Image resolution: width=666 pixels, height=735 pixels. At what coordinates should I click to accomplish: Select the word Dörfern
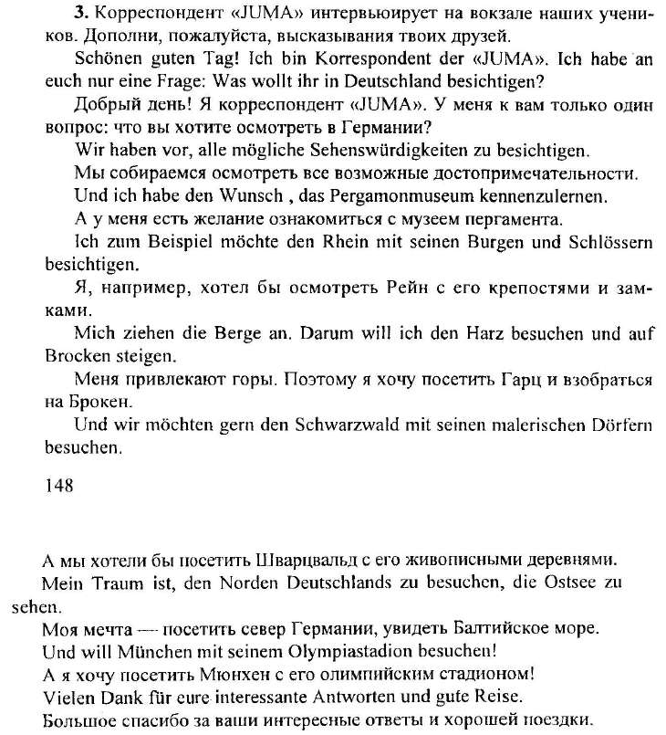[x=614, y=426]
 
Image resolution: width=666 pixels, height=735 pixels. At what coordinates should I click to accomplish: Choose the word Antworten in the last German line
[x=357, y=696]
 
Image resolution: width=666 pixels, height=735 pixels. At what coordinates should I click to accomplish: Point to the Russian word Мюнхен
[x=183, y=674]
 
